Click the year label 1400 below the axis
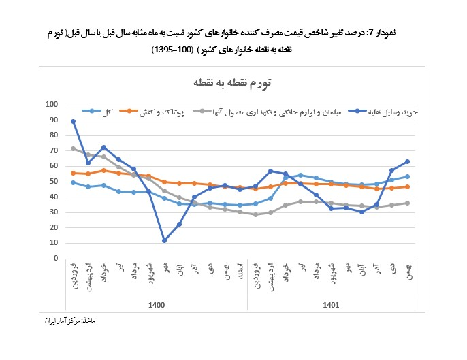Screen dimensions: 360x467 click(157, 306)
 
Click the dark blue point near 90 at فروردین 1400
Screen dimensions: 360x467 click(73, 121)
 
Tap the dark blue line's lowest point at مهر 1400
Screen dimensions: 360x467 click(164, 240)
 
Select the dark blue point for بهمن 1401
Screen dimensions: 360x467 click(407, 161)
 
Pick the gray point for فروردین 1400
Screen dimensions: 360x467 click(73, 148)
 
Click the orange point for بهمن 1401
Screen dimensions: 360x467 click(407, 186)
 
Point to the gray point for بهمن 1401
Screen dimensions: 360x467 click(407, 203)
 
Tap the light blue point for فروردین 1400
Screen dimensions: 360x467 click(73, 182)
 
